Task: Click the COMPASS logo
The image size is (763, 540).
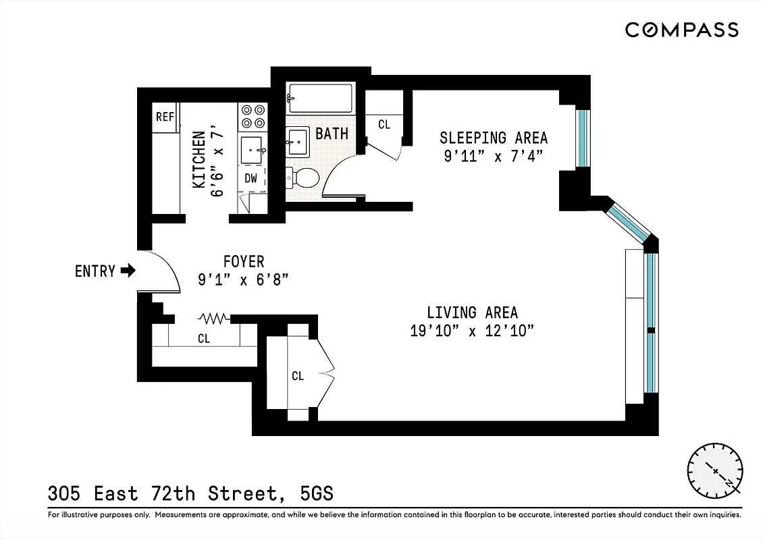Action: point(681,30)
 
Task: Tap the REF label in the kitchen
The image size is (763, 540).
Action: point(165,117)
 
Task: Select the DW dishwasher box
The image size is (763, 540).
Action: point(251,179)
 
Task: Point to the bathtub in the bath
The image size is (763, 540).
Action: point(320,98)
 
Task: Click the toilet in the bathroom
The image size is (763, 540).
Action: point(302,178)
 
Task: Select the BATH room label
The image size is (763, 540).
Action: point(332,133)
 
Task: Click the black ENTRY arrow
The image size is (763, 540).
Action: point(128,271)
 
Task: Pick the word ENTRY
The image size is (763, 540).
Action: point(95,271)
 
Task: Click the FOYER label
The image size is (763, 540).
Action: point(244,261)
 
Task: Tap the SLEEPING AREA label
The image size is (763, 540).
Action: point(494,138)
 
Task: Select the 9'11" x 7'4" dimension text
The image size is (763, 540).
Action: point(494,156)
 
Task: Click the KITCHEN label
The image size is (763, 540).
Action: point(199,159)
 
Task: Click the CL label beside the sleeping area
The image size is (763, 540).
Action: point(384,124)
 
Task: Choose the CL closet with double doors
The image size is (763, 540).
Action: point(298,376)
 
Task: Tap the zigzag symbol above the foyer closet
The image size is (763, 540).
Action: point(214,317)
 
